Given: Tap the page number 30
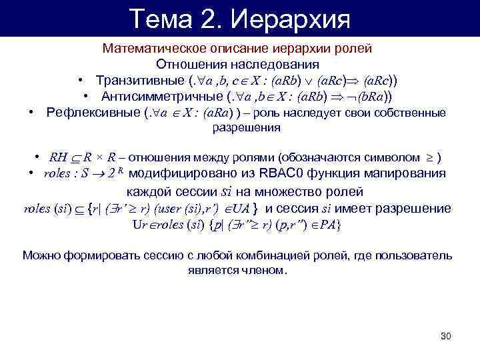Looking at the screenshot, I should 447,335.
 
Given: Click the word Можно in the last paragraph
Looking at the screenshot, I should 40,256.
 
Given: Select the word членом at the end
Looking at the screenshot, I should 265,271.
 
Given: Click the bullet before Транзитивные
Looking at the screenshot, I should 79,81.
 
